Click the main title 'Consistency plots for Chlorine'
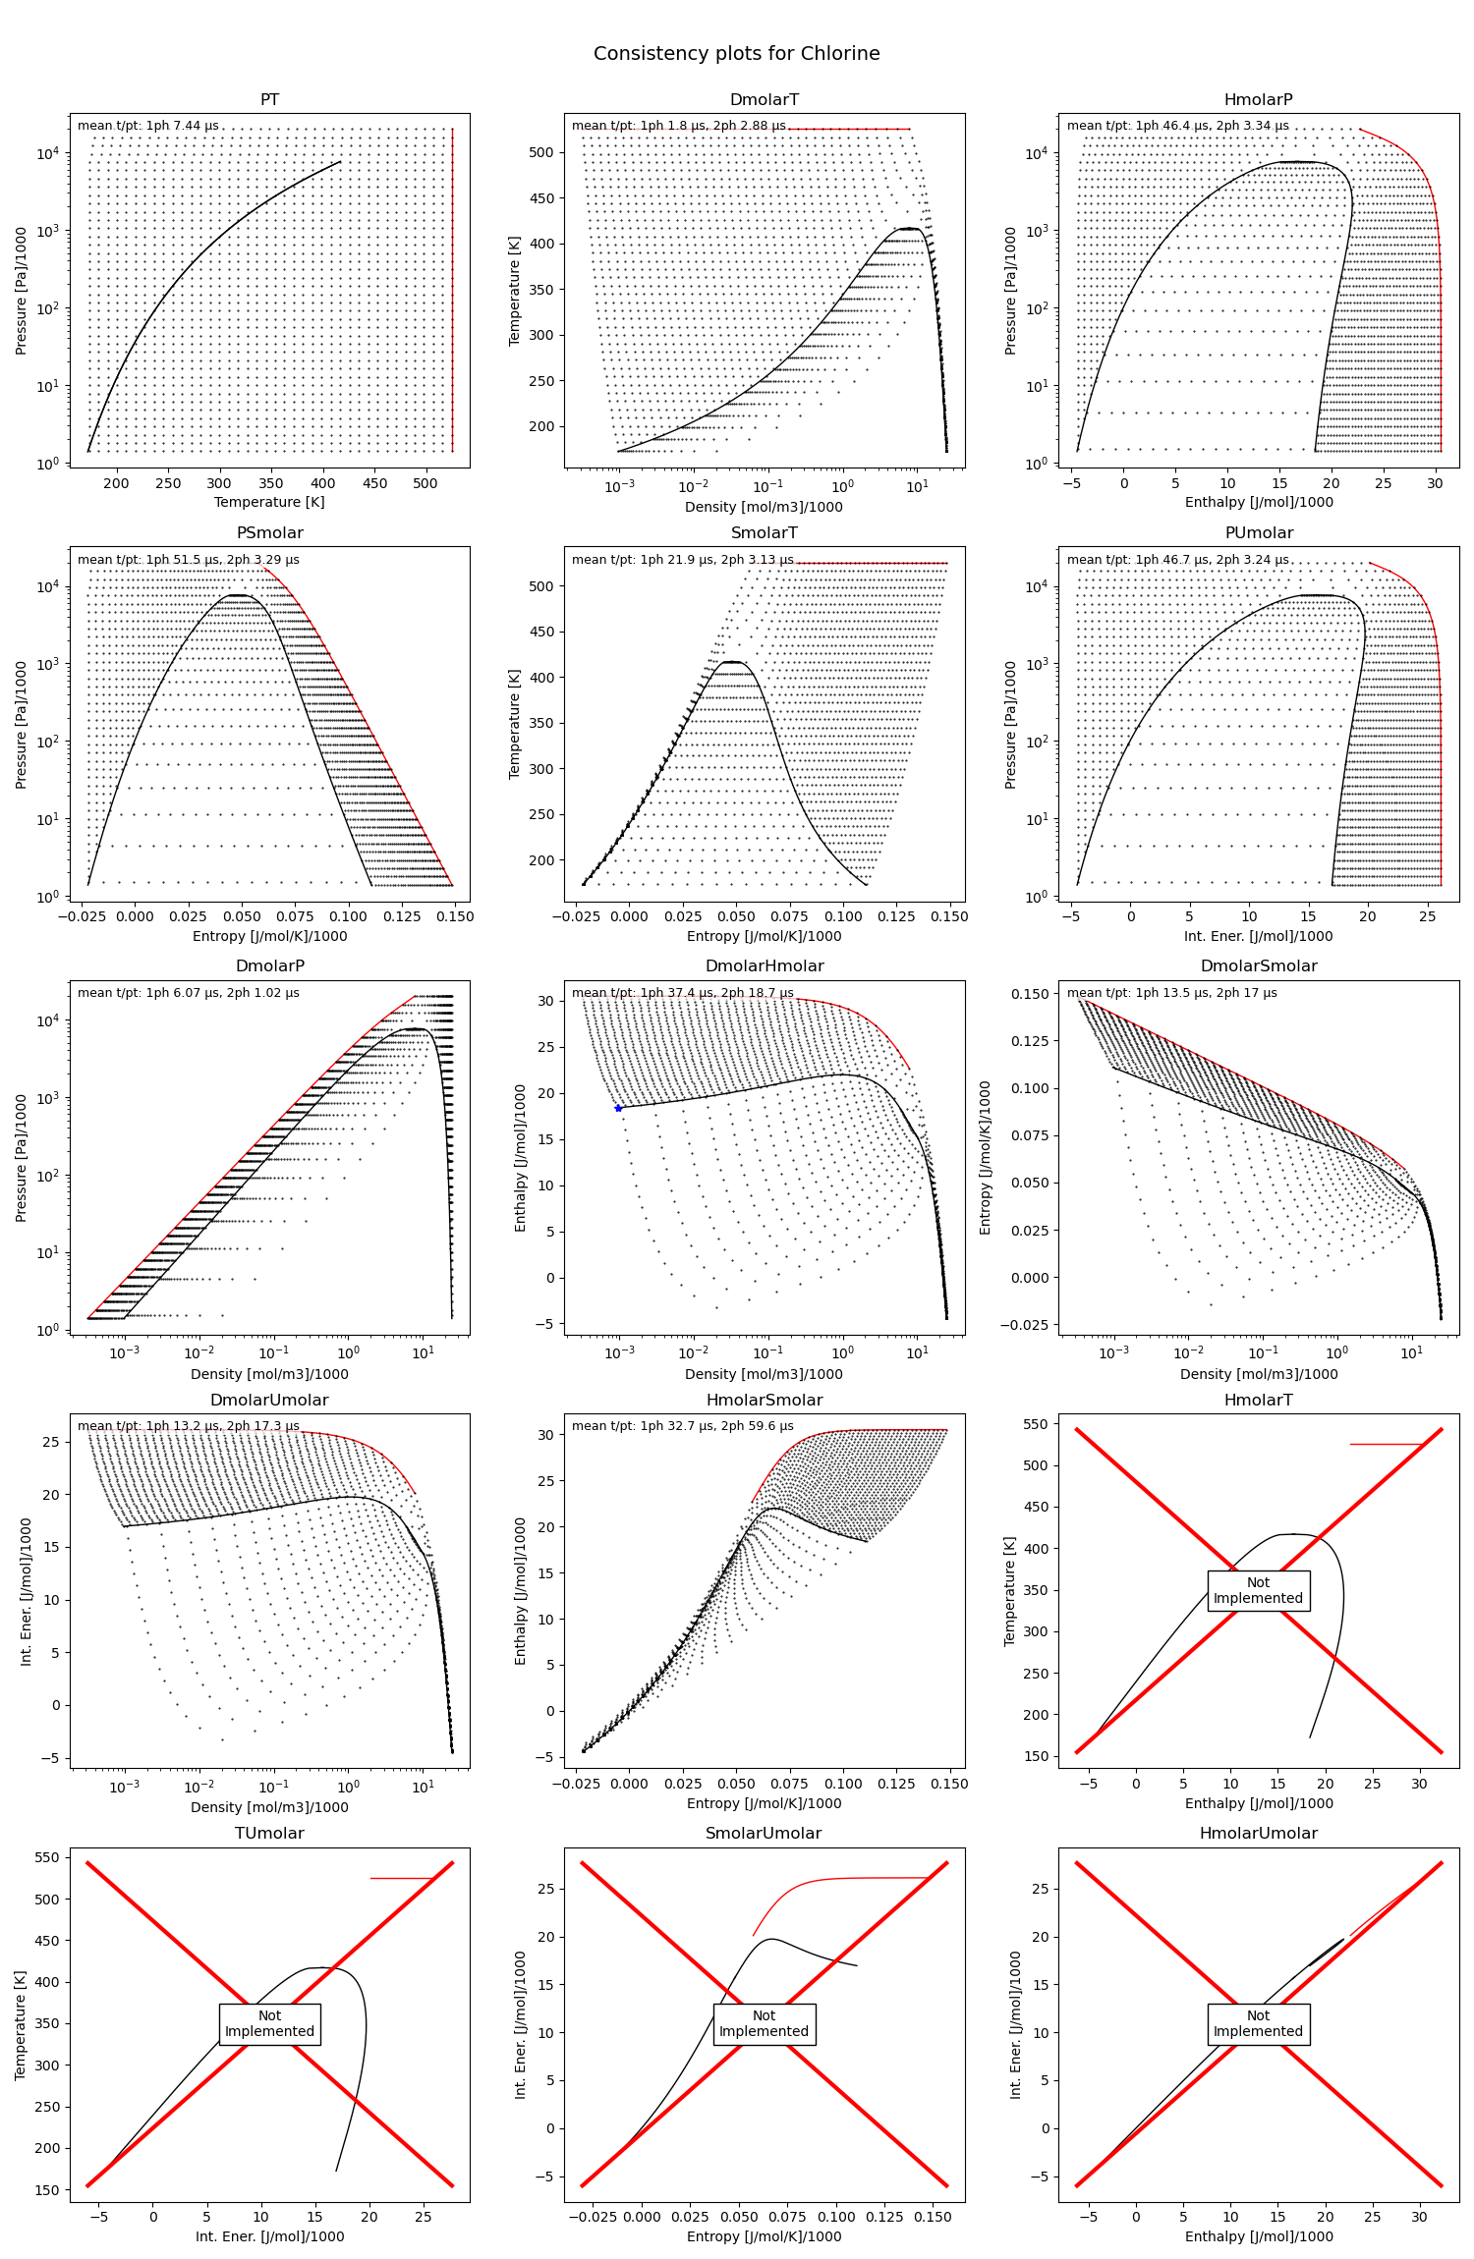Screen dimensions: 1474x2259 (x=737, y=54)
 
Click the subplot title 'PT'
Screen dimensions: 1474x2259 (x=269, y=100)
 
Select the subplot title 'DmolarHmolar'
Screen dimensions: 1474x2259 (x=765, y=966)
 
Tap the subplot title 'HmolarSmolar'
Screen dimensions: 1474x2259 (x=765, y=1401)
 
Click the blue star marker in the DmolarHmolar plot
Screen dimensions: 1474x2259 (x=618, y=1108)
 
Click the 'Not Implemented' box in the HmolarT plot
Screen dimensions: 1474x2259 (x=1258, y=1590)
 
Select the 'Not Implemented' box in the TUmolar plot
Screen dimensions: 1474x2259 (x=269, y=2023)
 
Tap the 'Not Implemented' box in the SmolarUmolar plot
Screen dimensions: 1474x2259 (x=765, y=2023)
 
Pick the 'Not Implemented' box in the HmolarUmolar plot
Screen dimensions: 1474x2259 (x=1258, y=2023)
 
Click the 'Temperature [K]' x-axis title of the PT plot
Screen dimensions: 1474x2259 (x=269, y=502)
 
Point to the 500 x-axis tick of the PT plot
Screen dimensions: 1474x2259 (x=425, y=483)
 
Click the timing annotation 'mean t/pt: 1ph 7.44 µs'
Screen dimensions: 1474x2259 (x=148, y=126)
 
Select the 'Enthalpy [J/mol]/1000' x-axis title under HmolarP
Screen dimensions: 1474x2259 (x=1259, y=502)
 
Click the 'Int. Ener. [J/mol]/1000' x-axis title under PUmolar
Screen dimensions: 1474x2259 (x=1259, y=936)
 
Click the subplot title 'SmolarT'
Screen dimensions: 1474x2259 (x=765, y=533)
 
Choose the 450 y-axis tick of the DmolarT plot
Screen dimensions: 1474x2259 (x=541, y=198)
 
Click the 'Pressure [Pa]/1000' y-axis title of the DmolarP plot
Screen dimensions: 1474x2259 (x=22, y=1158)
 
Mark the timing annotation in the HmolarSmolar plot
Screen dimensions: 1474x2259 (x=683, y=1426)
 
